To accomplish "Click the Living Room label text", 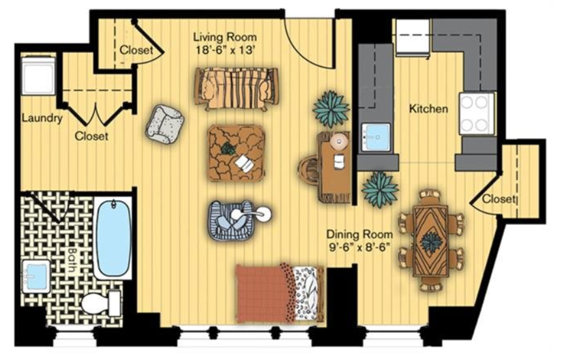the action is pos(225,37).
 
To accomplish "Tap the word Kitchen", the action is pos(428,108).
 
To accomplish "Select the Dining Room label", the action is pos(359,235).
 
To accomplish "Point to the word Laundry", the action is pos(42,117).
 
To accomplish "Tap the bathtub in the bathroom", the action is pos(114,238).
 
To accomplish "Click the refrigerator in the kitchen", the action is pos(413,38).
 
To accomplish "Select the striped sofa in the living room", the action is pos(237,88).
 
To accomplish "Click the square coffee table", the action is pos(236,153).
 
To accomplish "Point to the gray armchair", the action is pos(165,124).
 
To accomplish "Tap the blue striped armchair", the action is pos(231,220).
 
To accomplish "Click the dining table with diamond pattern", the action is pos(430,241).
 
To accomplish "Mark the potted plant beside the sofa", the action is pos(331,109).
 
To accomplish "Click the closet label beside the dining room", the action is pos(498,199).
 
